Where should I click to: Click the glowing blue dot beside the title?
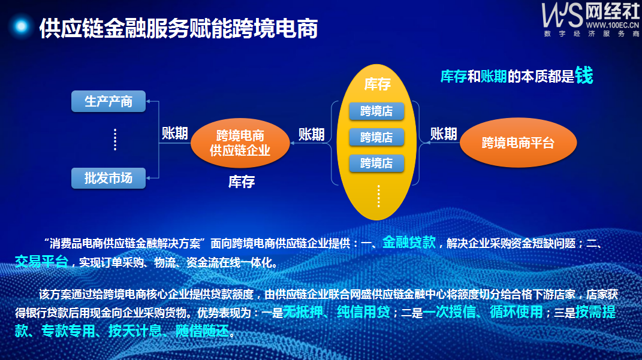[21, 26]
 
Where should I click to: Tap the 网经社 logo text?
[612, 11]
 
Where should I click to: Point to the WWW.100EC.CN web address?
[612, 25]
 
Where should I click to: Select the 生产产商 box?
[108, 101]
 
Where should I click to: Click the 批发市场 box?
[108, 178]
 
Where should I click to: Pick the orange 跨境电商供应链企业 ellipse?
[240, 143]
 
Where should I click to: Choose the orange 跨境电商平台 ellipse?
[519, 143]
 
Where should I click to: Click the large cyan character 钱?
[584, 75]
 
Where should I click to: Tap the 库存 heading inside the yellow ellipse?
[378, 84]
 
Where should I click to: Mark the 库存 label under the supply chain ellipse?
[242, 181]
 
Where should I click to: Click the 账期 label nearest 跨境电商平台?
[444, 134]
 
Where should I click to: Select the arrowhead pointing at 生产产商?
[148, 101]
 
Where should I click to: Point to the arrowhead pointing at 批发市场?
[148, 178]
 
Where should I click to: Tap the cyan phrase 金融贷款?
[409, 242]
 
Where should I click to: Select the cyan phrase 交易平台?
[41, 261]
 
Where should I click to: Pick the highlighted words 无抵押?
[303, 311]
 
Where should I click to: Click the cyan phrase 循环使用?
[516, 311]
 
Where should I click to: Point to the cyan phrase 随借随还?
[202, 331]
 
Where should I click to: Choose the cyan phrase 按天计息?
[135, 331]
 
